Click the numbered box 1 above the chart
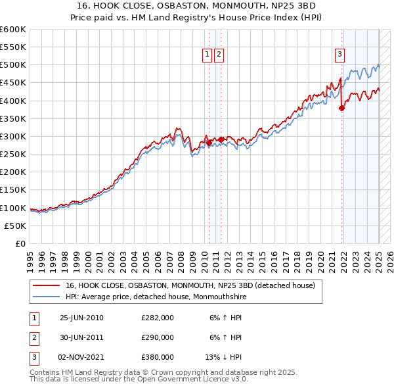207,55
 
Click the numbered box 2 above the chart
219,55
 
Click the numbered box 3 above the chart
340,55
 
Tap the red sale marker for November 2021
341,109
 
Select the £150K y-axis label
14,190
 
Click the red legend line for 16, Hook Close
46,285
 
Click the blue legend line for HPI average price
46,296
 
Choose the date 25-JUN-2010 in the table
81,318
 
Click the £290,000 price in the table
158,337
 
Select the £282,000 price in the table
158,318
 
